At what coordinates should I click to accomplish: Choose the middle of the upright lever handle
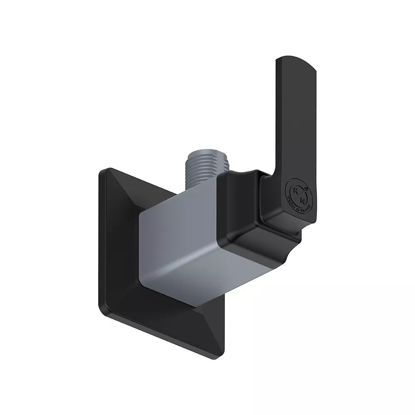pyautogui.click(x=293, y=116)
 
